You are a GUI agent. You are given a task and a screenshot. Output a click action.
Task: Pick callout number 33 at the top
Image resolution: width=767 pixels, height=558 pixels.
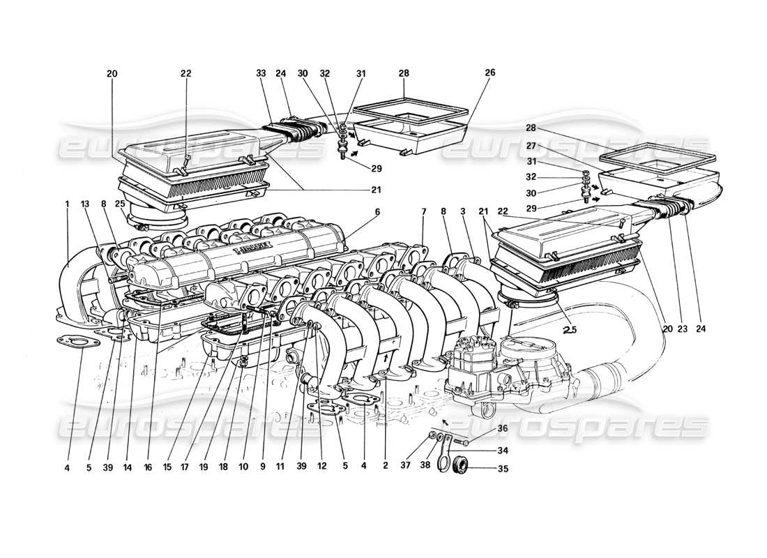(x=261, y=73)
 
